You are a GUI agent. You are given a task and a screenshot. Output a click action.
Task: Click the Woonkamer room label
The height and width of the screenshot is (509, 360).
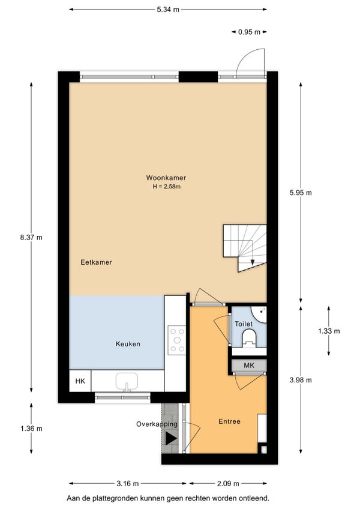coord(166,178)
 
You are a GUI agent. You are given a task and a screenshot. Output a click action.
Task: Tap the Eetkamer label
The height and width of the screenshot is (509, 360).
coord(96,262)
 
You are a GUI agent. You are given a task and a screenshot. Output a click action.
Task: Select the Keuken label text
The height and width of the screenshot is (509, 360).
coord(128,344)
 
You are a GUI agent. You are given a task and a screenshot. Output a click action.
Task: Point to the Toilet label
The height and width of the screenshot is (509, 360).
coord(244,324)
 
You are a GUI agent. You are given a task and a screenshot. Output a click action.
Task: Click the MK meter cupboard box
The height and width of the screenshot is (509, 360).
coord(249,366)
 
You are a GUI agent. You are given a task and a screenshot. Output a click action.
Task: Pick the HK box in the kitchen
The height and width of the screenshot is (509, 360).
coord(80,381)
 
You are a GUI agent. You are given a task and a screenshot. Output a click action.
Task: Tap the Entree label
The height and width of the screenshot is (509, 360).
coord(230,421)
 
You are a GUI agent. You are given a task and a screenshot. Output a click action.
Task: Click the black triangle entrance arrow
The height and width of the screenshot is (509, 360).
coord(171,438)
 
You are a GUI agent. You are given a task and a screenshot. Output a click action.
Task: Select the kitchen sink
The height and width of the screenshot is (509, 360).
coord(127,382)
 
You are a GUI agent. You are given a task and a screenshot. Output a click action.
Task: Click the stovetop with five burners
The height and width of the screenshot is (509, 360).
coord(177,340)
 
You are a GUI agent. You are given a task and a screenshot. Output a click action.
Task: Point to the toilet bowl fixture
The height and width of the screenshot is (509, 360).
coord(250,337)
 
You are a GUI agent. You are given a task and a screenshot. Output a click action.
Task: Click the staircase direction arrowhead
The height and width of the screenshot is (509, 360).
coord(253,263)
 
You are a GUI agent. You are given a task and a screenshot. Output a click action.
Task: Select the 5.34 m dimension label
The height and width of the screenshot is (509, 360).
coord(168,10)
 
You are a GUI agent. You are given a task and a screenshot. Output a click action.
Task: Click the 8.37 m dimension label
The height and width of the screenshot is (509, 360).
coord(31,237)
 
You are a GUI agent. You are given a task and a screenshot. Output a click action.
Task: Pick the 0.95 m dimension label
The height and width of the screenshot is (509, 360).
coord(249,32)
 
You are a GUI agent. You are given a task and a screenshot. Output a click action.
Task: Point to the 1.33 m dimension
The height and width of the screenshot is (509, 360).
coord(329,331)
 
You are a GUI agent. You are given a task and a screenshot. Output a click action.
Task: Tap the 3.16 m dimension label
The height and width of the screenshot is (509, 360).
coord(128,484)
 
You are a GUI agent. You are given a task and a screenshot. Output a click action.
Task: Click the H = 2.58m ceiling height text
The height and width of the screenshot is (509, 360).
coord(167,187)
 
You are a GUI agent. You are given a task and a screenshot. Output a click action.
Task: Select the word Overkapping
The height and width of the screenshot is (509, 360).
coord(157,424)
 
